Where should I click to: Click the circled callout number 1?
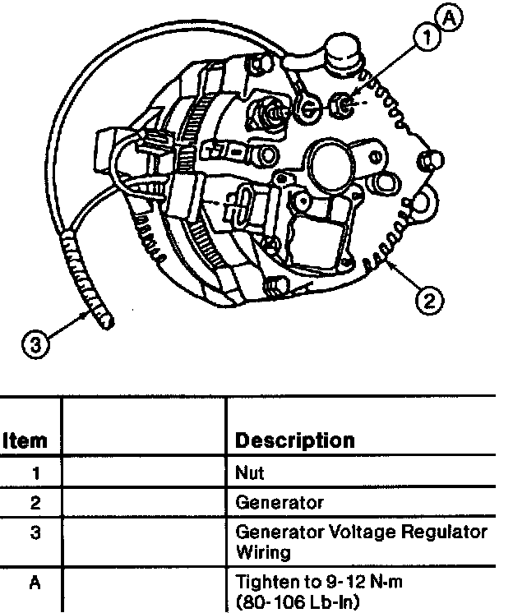pyautogui.click(x=425, y=36)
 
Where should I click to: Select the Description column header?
pyautogui.click(x=295, y=440)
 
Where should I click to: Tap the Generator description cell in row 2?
pyautogui.click(x=280, y=501)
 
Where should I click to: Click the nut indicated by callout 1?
pyautogui.click(x=340, y=104)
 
